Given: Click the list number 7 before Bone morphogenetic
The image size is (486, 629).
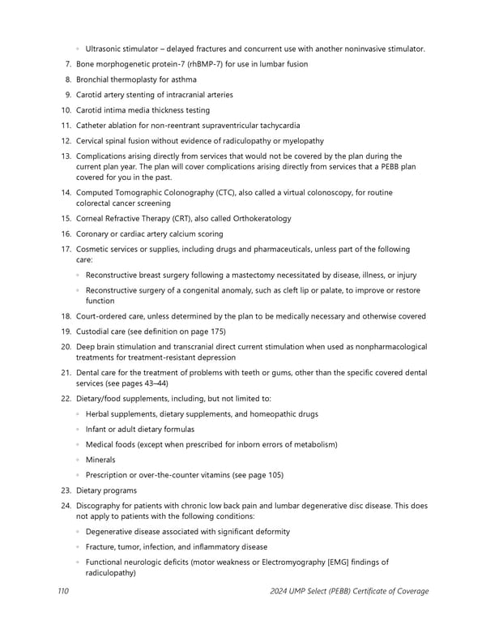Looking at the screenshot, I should click(67, 64).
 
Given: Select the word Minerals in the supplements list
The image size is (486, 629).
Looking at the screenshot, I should click(100, 460).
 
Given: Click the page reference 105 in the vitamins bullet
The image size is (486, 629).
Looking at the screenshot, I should click(272, 475).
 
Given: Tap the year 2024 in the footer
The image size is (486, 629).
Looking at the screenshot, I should click(281, 591).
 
